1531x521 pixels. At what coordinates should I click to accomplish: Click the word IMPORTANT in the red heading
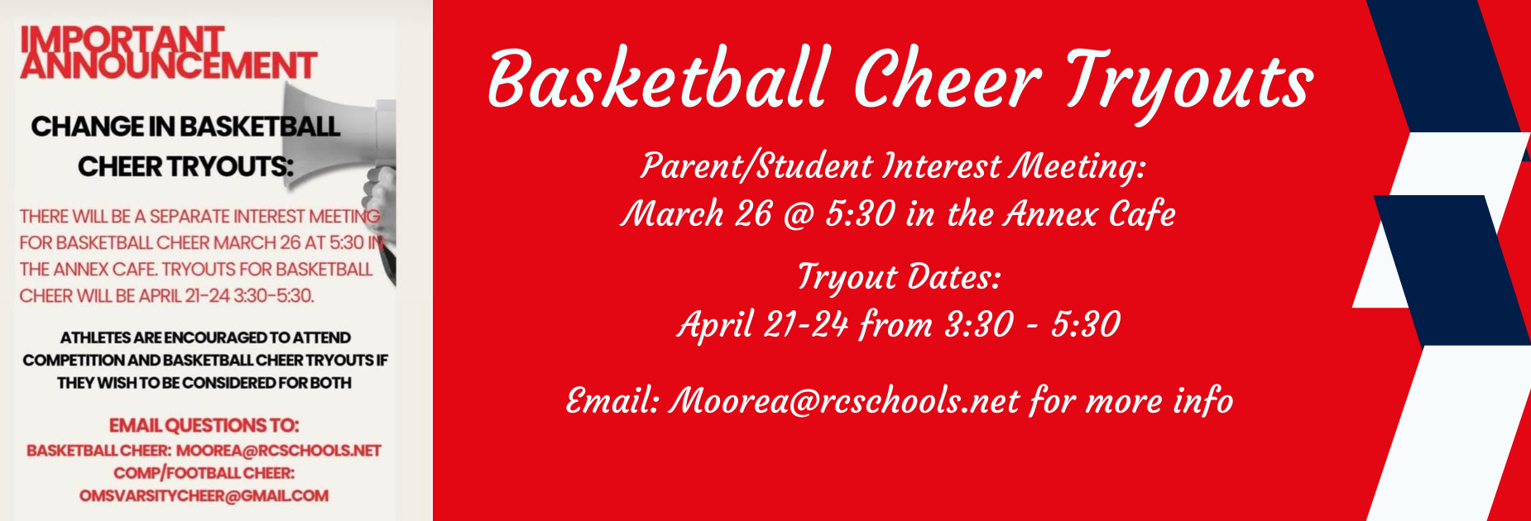coord(122,38)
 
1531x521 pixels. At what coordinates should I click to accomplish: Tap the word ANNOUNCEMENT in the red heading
coord(168,66)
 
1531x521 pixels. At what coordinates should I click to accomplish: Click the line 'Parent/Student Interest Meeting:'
coord(893,166)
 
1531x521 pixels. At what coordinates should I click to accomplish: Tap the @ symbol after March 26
coord(799,214)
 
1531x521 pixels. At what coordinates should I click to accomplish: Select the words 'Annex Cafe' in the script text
coord(1089,214)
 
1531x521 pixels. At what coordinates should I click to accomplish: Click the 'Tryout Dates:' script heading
coord(899,278)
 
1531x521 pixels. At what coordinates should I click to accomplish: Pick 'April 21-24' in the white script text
coord(762,324)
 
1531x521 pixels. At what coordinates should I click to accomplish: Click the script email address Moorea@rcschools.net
coord(843,401)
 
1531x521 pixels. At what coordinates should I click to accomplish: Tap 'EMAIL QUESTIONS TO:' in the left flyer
coord(204,425)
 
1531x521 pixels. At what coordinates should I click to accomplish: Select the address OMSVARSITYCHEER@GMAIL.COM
coord(204,495)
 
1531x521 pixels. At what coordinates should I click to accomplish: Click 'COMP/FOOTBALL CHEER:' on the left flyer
coord(204,473)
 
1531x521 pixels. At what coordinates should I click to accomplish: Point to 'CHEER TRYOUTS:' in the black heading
coord(185,167)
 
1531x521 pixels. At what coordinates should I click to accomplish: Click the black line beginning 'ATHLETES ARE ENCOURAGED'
coord(204,337)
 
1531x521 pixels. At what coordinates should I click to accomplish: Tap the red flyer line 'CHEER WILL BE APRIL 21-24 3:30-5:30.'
coord(166,295)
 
